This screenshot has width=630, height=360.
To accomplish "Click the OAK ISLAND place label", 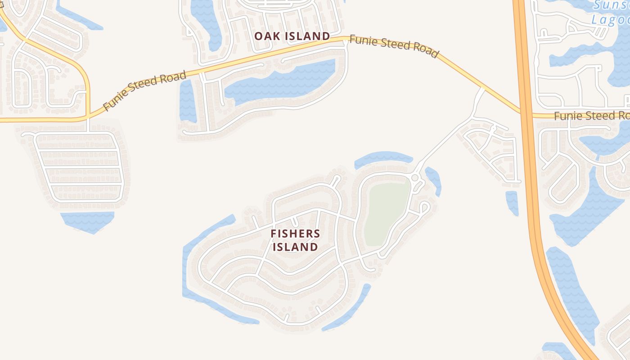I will (292, 36).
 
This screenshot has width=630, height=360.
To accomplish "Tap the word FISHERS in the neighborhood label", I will (295, 234).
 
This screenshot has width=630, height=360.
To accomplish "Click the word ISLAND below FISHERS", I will (295, 247).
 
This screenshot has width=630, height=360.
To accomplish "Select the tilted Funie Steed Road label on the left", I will (144, 90).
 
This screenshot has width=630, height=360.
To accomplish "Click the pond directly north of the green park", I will (383, 158).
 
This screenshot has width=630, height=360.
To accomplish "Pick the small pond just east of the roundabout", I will (433, 180).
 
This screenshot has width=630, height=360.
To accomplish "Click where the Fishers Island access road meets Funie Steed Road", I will (482, 87).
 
